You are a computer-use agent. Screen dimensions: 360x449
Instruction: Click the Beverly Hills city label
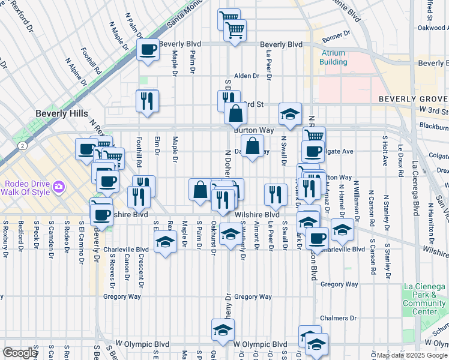point(62,113)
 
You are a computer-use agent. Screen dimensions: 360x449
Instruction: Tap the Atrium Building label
point(333,58)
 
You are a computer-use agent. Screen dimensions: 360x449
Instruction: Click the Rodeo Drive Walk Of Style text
point(27,187)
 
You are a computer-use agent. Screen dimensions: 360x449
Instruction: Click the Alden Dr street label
point(246,76)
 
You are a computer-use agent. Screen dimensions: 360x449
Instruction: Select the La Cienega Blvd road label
point(415,192)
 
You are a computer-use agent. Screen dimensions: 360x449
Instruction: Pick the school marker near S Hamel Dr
point(342,229)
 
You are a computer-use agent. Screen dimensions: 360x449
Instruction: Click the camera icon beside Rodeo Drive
point(58,187)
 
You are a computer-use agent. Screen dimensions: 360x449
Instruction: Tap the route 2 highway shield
point(22,145)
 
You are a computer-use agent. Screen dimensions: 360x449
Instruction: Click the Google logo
point(20,353)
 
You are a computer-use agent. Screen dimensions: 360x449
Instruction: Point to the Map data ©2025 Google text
point(411,355)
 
